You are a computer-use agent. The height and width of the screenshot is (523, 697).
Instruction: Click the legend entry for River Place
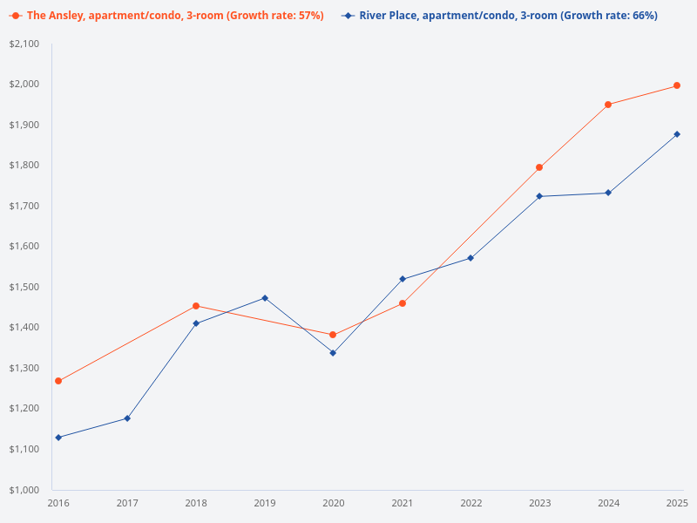[500, 16]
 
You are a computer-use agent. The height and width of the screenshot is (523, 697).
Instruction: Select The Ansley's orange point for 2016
[58, 381]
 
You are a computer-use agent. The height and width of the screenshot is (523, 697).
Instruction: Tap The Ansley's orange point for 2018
[196, 306]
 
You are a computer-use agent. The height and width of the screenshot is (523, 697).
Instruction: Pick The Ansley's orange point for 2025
[677, 85]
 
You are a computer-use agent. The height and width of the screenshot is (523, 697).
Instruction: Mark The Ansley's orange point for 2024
[608, 105]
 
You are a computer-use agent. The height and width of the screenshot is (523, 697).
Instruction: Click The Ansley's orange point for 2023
[539, 167]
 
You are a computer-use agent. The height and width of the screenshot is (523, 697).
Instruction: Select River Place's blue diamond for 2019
[265, 298]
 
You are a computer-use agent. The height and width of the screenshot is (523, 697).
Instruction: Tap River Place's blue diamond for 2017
[127, 418]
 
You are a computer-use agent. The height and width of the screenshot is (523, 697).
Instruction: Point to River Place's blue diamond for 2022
[470, 258]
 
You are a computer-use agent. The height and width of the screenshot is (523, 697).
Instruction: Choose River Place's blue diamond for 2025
[677, 134]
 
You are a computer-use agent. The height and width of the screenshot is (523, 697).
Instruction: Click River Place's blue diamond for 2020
[333, 353]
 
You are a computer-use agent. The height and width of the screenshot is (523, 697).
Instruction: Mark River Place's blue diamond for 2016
[58, 438]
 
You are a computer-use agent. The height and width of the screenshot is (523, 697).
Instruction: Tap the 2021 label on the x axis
[402, 503]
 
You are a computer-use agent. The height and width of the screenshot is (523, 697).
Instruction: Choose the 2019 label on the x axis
[265, 503]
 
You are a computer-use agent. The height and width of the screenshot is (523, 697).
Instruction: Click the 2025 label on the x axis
[677, 503]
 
